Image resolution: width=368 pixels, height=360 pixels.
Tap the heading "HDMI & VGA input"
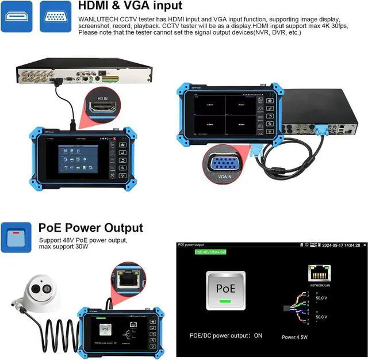coord(130,6)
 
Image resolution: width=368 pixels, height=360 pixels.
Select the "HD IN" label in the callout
coord(103,98)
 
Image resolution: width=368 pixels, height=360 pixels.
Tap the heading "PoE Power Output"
coord(91,228)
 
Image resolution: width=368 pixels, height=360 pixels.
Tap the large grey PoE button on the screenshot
coord(225,290)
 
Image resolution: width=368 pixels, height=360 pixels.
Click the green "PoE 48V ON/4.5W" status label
coord(211,251)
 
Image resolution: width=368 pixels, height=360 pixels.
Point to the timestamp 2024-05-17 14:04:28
coord(341,245)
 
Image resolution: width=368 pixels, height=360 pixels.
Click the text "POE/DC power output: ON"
coord(226,335)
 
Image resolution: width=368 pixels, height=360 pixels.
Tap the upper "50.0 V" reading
coord(321,298)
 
